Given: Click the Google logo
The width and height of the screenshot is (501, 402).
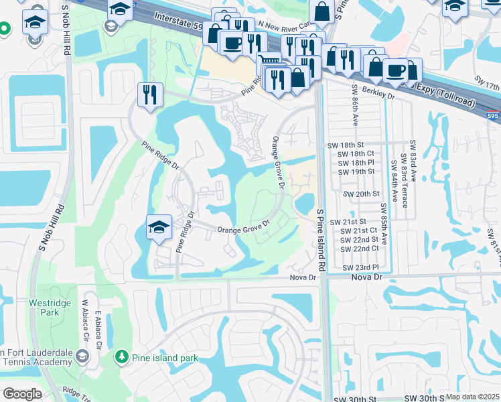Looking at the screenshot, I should (21, 394).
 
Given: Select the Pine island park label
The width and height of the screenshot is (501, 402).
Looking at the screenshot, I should (165, 358).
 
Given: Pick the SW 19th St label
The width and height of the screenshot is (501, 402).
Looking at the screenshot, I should (356, 172).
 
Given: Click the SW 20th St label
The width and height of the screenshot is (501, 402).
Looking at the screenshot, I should (361, 194).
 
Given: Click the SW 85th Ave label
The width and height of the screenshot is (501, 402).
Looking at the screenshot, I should (384, 225).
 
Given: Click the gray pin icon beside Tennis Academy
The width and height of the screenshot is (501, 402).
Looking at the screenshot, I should (82, 356).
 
